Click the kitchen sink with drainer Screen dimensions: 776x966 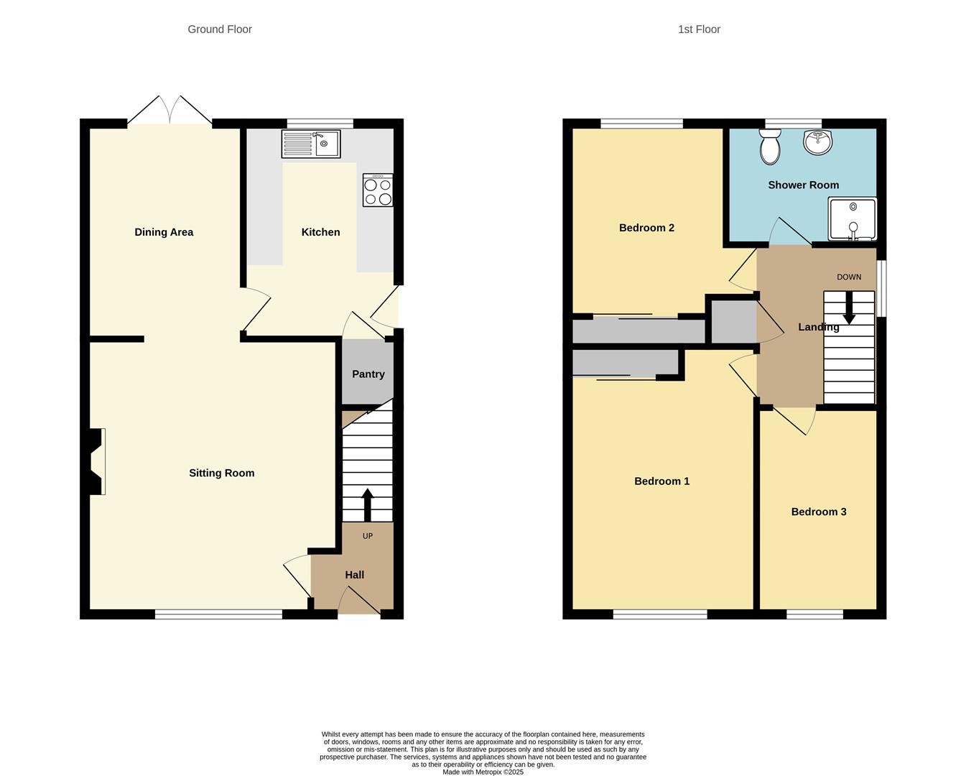click(311, 144)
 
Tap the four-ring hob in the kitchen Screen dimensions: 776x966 click(378, 190)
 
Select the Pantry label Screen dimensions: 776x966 click(368, 374)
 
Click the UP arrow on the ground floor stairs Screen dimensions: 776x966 click(368, 504)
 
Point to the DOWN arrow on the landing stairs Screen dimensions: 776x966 click(849, 308)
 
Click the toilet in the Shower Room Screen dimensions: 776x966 click(770, 147)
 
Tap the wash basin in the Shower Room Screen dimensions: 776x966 click(818, 142)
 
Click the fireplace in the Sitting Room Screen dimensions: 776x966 click(96, 461)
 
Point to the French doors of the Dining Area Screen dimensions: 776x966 click(170, 111)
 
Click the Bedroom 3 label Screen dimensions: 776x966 click(819, 512)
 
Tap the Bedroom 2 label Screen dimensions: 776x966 click(646, 228)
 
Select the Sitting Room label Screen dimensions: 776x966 click(221, 474)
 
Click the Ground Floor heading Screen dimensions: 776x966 click(220, 29)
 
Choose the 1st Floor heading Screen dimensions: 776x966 click(699, 29)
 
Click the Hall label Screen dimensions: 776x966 click(354, 576)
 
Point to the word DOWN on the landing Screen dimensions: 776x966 click(849, 277)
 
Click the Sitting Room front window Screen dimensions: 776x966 click(219, 614)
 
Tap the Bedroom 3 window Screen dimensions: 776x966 click(814, 614)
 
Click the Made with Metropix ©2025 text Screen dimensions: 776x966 click(483, 772)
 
